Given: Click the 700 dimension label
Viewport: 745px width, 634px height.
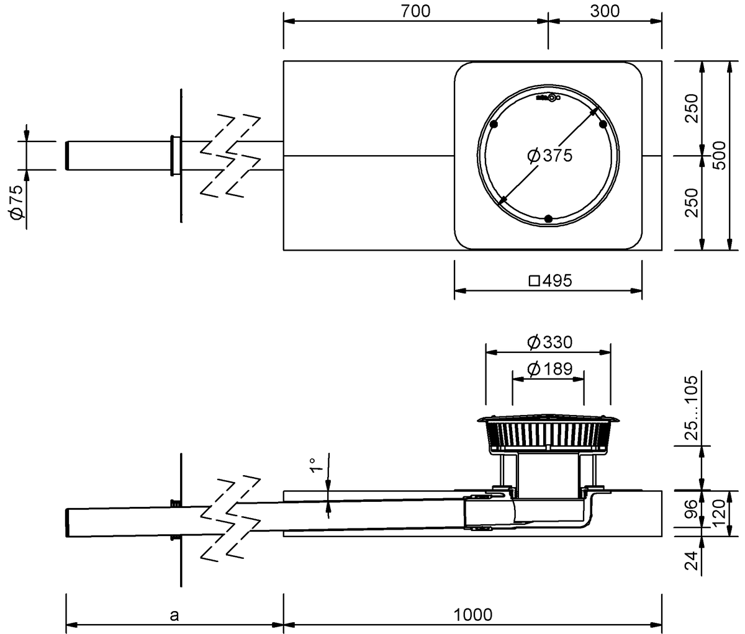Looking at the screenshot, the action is [x=415, y=11].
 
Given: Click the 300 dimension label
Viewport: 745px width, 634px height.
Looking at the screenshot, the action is [x=605, y=11].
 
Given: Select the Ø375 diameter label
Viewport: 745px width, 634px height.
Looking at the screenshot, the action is [x=549, y=156].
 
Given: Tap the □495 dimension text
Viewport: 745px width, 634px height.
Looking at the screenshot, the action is [x=551, y=280].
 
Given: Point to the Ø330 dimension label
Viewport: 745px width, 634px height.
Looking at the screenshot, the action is [x=549, y=342].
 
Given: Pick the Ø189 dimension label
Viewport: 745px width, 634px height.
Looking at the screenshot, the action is [x=549, y=368].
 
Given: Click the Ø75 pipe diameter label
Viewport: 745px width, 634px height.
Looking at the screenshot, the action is [x=17, y=202].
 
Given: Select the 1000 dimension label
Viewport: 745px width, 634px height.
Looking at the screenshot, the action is [x=473, y=615].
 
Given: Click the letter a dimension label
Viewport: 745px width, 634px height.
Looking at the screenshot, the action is [x=174, y=615].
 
